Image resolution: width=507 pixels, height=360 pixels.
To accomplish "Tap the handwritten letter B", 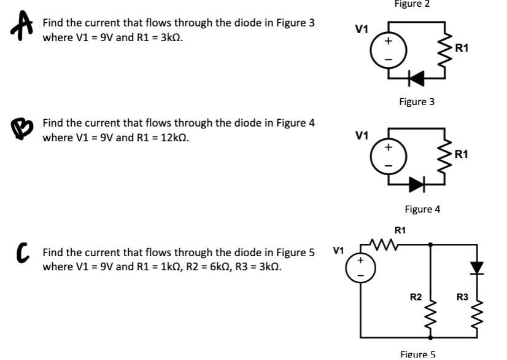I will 21,128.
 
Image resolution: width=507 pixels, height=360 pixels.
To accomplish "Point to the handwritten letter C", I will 23,251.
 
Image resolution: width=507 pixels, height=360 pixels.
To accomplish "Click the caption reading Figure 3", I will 416,101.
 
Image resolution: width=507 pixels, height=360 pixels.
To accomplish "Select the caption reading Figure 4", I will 422,209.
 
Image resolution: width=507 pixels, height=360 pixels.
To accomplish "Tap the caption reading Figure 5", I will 417,353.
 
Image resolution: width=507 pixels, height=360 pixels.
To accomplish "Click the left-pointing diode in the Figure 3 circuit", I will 417,77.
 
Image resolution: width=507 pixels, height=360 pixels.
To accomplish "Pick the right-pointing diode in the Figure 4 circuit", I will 417,183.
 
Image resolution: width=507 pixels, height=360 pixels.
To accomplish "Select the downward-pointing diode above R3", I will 476,267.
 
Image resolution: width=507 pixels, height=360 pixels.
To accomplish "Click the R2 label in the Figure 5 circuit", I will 416,297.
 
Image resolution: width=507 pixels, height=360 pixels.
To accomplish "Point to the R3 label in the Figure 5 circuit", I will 462,297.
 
